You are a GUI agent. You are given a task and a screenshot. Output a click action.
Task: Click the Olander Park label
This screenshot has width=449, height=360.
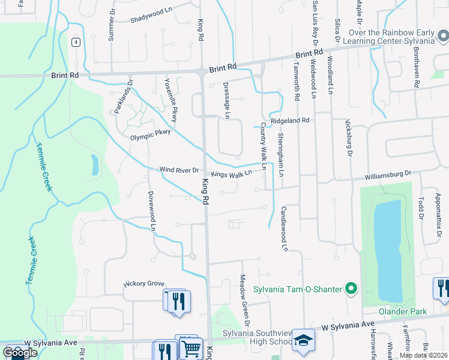click(x=402, y=311)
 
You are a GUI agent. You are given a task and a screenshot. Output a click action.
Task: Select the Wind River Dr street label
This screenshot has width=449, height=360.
click(x=179, y=170)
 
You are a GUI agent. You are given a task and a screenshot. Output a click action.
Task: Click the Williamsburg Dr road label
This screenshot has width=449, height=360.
click(x=389, y=176)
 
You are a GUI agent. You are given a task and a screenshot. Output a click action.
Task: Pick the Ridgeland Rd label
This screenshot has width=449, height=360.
click(x=289, y=121)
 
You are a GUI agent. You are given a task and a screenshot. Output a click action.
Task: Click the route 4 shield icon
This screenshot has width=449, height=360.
click(x=75, y=42)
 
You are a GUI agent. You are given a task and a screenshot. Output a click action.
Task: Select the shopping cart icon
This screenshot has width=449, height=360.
click(x=191, y=347)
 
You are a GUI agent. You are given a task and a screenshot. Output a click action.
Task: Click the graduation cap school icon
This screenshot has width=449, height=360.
click(x=304, y=340)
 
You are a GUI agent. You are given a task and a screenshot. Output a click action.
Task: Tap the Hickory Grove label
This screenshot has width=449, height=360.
click(x=143, y=283)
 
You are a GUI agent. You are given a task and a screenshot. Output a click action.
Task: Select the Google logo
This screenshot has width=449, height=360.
click(x=20, y=352)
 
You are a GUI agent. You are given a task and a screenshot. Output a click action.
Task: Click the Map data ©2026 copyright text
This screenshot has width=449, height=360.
click(x=423, y=355)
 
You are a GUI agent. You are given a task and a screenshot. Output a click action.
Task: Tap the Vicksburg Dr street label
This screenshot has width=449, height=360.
click(x=348, y=137)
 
